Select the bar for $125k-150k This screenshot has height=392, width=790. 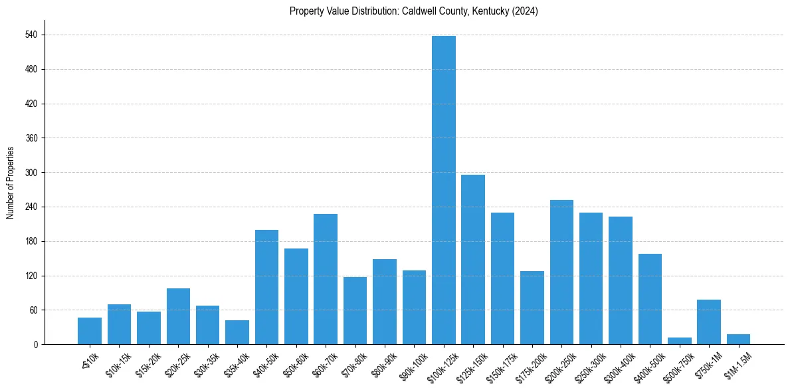coord(473,260)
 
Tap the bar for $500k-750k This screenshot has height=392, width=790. coord(680,341)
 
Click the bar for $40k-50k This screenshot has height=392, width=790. coord(266,287)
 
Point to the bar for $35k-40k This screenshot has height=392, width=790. coord(237,332)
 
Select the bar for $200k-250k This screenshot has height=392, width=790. coord(561,272)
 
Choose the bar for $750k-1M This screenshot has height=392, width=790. coord(709,322)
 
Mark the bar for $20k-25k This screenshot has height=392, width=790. coord(178,316)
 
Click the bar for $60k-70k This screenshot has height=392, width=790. coord(326,279)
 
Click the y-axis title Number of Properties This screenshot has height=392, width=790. coord(10,183)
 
